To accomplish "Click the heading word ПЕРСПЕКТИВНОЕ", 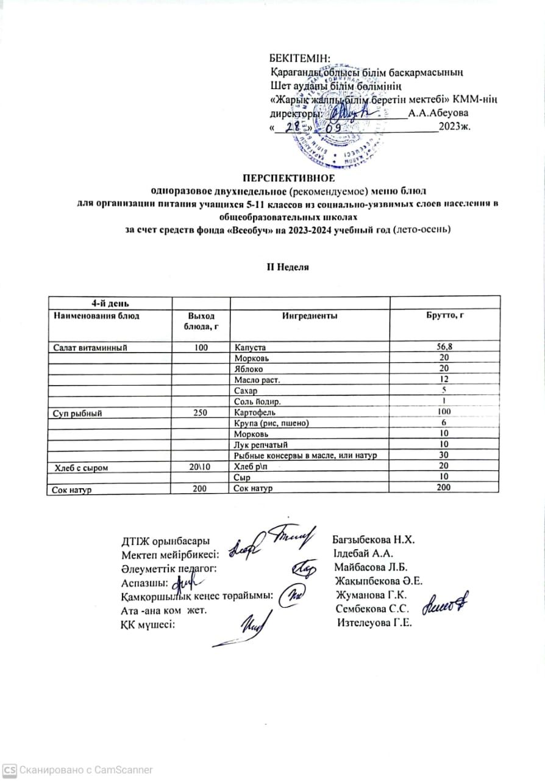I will [289, 178].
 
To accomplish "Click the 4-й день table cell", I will [110, 304].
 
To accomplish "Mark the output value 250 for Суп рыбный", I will [201, 412].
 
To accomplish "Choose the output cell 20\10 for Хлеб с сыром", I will [201, 467].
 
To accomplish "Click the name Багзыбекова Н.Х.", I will [373, 540].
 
